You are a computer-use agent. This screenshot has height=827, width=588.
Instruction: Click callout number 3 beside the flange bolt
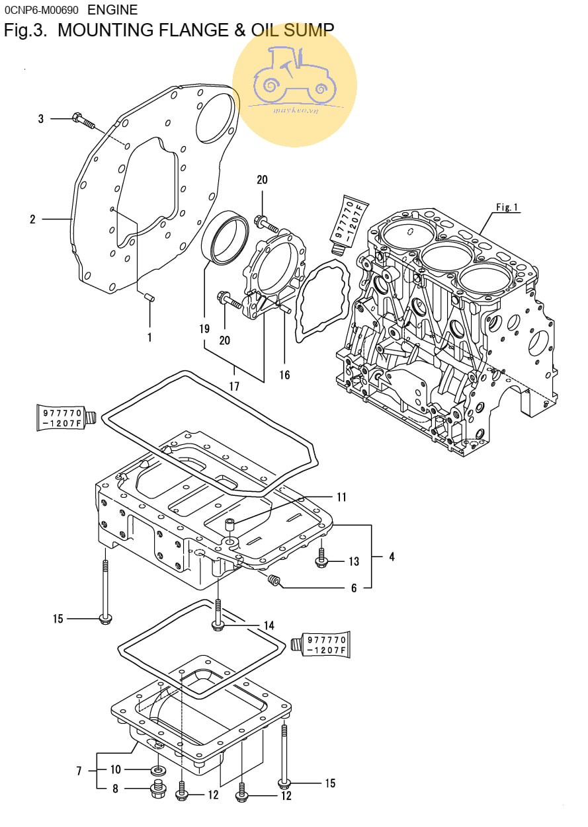[41, 119]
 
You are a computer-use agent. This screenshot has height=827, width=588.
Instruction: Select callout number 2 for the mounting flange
[32, 219]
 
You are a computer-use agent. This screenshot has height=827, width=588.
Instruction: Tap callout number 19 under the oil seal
[204, 329]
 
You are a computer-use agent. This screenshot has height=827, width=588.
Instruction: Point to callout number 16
[284, 375]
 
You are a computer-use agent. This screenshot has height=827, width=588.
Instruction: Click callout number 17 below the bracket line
[234, 386]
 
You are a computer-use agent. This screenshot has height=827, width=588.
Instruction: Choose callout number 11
[342, 497]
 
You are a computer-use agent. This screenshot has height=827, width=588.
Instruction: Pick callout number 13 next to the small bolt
[354, 561]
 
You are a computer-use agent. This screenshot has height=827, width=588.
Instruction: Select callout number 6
[354, 588]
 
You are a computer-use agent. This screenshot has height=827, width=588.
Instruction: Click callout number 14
[269, 625]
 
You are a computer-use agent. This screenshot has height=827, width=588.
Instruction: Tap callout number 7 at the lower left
[79, 771]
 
